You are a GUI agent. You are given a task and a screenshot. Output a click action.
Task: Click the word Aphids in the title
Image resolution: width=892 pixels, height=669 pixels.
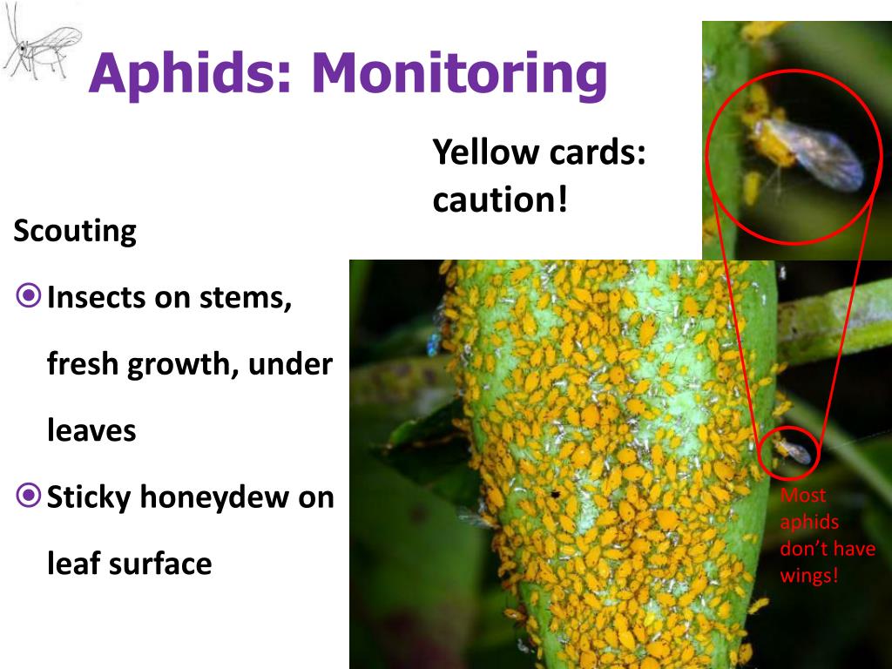[190, 74]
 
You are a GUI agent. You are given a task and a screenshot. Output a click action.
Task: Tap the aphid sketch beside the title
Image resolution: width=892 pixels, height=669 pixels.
[41, 43]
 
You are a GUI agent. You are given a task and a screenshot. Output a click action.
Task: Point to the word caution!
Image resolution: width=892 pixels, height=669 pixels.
[500, 199]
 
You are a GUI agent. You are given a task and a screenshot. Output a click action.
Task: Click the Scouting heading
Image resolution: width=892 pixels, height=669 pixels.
[75, 232]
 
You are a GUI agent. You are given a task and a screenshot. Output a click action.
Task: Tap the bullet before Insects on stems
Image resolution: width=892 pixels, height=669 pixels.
[29, 296]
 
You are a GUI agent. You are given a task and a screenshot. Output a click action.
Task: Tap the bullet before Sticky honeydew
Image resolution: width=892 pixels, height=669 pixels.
[29, 496]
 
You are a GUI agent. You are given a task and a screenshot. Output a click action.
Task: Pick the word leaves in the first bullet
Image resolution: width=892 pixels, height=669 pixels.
[91, 429]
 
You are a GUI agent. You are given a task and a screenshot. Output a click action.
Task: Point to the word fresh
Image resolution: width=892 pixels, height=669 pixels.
[83, 363]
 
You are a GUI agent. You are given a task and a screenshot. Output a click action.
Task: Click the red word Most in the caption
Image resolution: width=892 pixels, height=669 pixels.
[802, 495]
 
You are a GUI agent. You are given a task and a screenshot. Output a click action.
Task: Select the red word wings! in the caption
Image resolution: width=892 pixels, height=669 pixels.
[809, 575]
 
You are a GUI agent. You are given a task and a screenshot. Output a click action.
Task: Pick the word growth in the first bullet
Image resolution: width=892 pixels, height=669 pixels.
[182, 365]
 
